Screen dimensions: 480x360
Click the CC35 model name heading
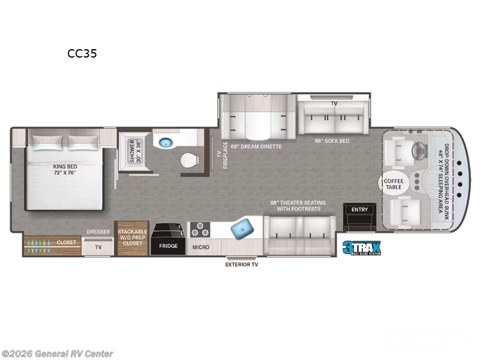point(82,53)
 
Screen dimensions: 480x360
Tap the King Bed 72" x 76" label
point(65,170)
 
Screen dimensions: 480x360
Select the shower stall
point(134,151)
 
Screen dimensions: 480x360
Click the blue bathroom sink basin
point(166,142)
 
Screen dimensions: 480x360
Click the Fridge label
point(168,246)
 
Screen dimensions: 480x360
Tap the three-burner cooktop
point(200,230)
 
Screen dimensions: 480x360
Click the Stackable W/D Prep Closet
point(133,238)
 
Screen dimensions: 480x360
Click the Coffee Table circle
point(394,184)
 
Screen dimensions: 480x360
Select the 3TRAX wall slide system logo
point(362,248)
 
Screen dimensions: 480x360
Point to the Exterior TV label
point(242,265)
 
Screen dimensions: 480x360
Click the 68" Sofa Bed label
point(332,141)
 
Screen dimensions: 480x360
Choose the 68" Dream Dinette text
point(256,146)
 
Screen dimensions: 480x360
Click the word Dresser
point(98,232)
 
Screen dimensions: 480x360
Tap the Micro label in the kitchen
point(201,247)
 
